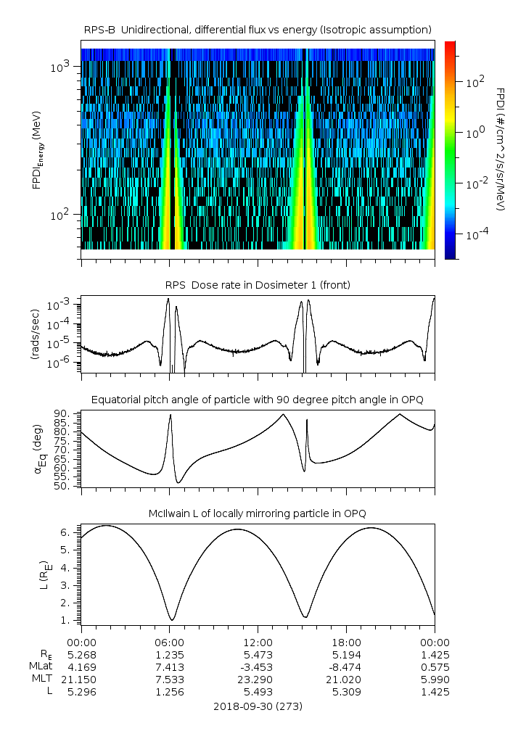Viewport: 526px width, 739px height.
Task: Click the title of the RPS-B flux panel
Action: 258,29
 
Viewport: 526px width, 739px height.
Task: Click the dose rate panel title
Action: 258,285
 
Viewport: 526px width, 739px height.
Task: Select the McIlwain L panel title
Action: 258,513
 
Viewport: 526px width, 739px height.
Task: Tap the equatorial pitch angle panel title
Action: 258,400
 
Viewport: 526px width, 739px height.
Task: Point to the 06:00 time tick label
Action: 170,643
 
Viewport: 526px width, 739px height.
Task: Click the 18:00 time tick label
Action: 346,643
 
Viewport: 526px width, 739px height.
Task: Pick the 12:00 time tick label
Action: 258,643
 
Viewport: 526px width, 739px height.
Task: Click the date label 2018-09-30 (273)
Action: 258,706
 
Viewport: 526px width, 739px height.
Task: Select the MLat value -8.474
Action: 346,666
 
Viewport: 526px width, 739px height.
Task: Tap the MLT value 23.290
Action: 258,680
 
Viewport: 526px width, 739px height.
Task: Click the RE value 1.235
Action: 170,655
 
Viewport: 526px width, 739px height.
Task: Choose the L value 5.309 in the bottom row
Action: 346,692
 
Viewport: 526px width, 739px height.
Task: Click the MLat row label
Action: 40,666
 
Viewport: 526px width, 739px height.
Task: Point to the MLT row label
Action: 41,680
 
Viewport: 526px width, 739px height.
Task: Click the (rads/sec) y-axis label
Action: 35,333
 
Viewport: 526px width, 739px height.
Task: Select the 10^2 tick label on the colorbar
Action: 474,83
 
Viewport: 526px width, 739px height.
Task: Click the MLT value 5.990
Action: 435,680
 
